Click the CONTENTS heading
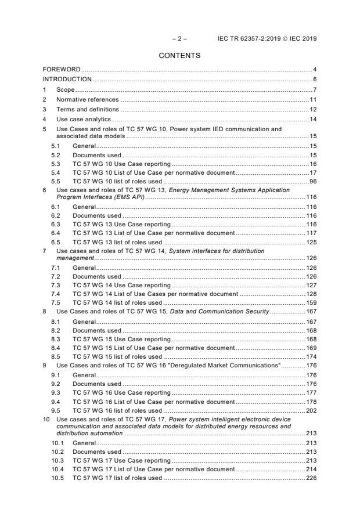[180, 56]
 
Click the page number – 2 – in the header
[179, 38]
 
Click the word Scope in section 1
[65, 89]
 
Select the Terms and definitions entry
[87, 109]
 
